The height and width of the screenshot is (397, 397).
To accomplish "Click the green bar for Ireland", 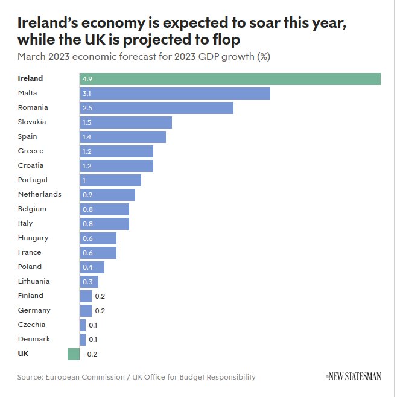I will tap(230, 79).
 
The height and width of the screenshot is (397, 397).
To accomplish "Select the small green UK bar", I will tap(74, 354).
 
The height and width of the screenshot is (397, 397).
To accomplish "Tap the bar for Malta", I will tap(175, 94).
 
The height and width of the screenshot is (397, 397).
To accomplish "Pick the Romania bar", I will tap(156, 108).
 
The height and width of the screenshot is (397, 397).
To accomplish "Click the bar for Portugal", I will tap(110, 180).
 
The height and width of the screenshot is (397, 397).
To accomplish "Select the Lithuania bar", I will tap(89, 282).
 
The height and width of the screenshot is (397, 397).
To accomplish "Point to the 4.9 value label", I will tap(87, 79).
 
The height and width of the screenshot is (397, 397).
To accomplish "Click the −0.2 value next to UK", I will tap(90, 354).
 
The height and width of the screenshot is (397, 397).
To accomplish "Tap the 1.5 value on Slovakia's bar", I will tap(87, 122).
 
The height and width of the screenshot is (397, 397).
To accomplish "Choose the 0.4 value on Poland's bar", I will tap(87, 267).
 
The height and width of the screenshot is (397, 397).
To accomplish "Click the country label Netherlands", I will tap(40, 194).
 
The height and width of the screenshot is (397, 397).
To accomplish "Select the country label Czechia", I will tap(32, 325).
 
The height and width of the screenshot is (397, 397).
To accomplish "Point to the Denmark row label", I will tap(34, 339).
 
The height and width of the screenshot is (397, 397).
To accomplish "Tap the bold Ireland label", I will tap(30, 78).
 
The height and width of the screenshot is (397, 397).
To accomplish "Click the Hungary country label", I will tap(33, 238).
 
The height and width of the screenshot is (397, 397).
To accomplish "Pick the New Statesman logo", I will tap(354, 376).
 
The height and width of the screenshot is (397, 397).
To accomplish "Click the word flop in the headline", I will tap(224, 40).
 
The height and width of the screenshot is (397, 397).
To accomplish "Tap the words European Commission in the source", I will tap(82, 377).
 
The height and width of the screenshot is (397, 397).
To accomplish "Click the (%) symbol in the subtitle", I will tap(263, 57).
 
